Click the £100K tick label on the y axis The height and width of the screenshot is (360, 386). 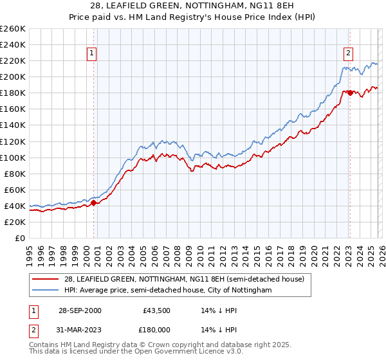pyautogui.click(x=12, y=157)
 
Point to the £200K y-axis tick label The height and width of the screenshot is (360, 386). pyautogui.click(x=12, y=76)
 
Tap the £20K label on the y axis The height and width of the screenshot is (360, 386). pyautogui.click(x=14, y=222)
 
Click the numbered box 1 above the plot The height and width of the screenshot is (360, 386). pyautogui.click(x=93, y=53)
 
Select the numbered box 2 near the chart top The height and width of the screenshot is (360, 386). pyautogui.click(x=348, y=53)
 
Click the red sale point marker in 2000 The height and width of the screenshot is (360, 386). pyautogui.click(x=94, y=203)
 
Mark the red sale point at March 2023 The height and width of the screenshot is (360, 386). pyautogui.click(x=349, y=93)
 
